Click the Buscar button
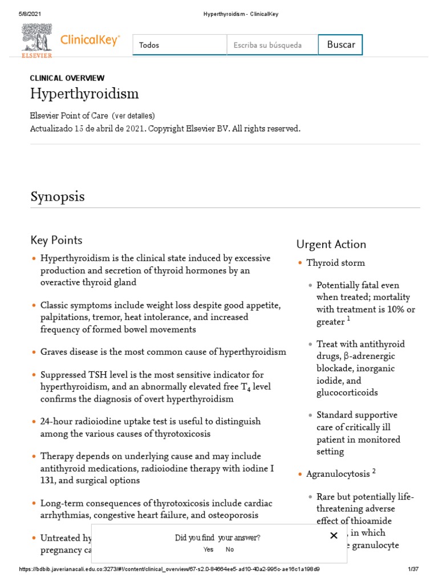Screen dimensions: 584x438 point(340,44)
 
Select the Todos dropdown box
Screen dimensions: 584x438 point(179,45)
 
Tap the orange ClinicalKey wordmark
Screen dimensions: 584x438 point(90,40)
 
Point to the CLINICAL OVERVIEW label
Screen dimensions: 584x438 point(67,78)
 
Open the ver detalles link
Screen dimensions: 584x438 point(133,116)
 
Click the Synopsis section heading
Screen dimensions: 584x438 point(57,196)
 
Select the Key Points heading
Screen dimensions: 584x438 point(56,240)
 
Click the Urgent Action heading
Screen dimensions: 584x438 point(331,244)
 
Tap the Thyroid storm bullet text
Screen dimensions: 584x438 point(335,263)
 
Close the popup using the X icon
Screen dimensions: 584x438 point(334,536)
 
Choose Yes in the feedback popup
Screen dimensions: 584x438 point(208,549)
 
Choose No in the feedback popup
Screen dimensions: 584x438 point(229,549)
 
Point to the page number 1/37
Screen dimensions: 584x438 point(413,569)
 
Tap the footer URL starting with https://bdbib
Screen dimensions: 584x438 point(169,569)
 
